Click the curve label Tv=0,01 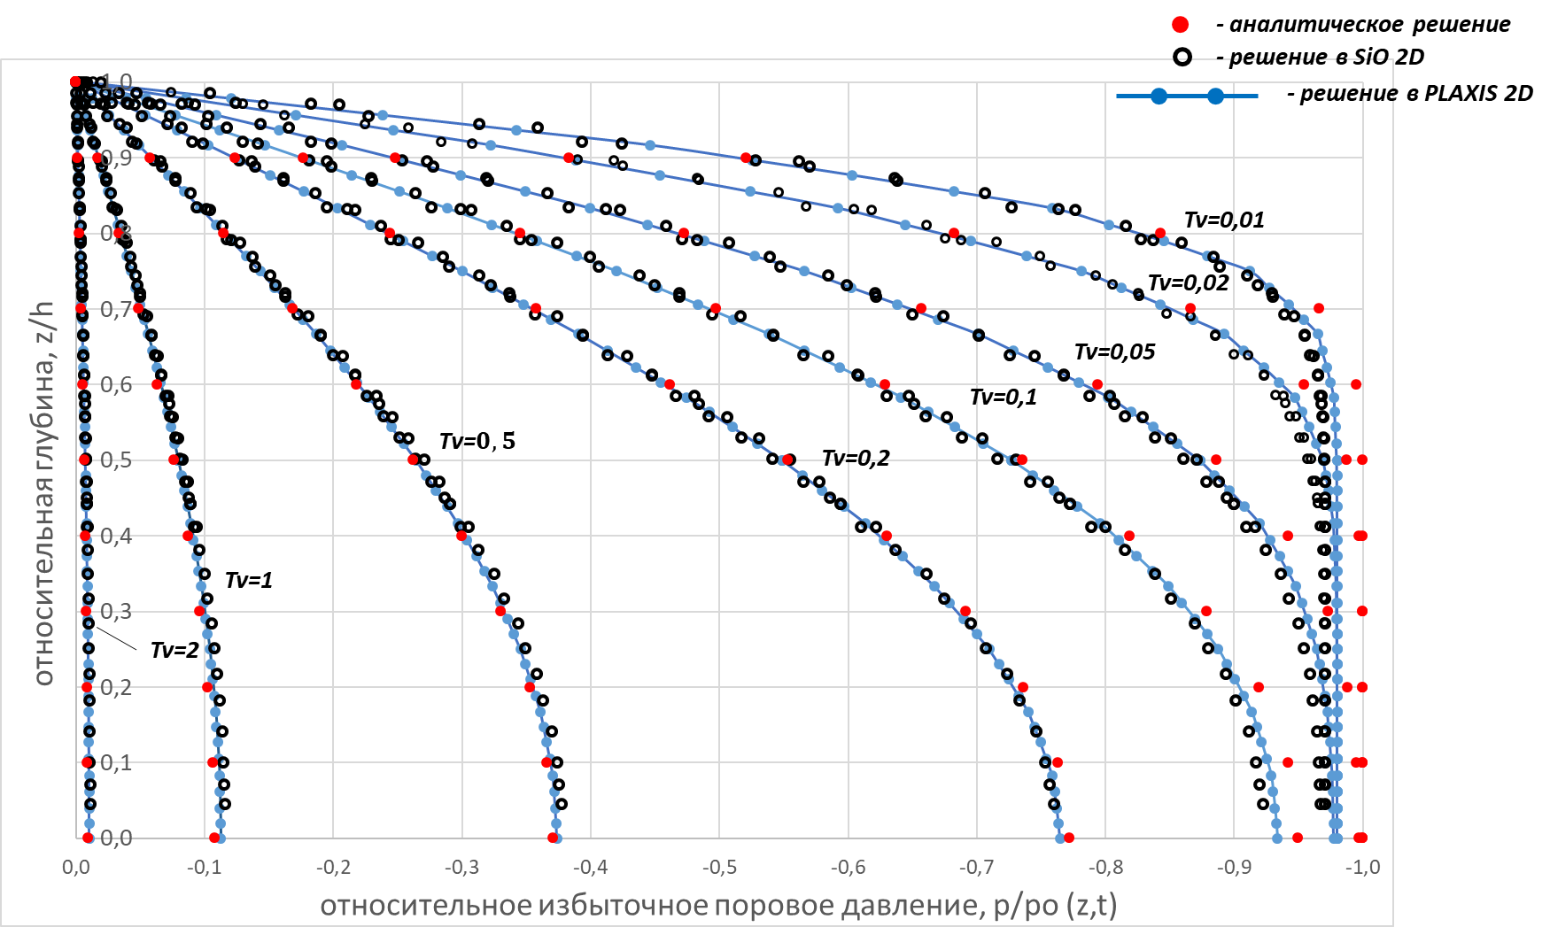coord(1224,220)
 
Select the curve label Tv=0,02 coord(1188,282)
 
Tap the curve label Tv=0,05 coord(1114,351)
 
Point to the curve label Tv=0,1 coord(1003,397)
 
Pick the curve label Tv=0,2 coord(856,458)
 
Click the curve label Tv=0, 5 coord(477,441)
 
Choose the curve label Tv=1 coord(249,580)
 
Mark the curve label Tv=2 coord(174,650)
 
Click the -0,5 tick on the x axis coord(719,868)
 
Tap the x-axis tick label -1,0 coord(1362,868)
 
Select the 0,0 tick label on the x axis coord(76,868)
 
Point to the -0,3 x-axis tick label coord(461,868)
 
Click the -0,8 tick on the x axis coord(1105,868)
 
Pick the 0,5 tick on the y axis coord(116,460)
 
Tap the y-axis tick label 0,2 coord(116,687)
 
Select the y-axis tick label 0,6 coord(116,384)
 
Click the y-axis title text coord(43,492)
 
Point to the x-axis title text coord(718,906)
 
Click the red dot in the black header coord(1180,25)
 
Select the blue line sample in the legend coord(1187,96)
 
